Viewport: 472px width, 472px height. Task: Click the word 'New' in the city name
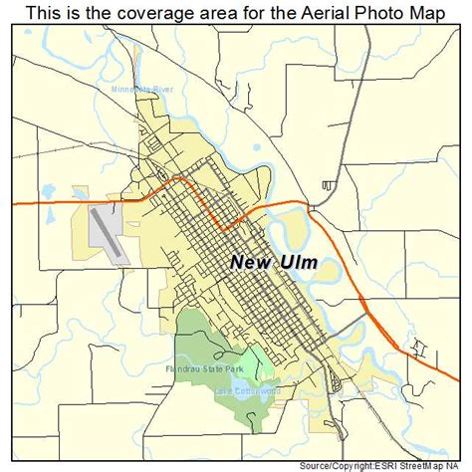[253, 263]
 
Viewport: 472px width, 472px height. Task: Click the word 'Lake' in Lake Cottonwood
[223, 391]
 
